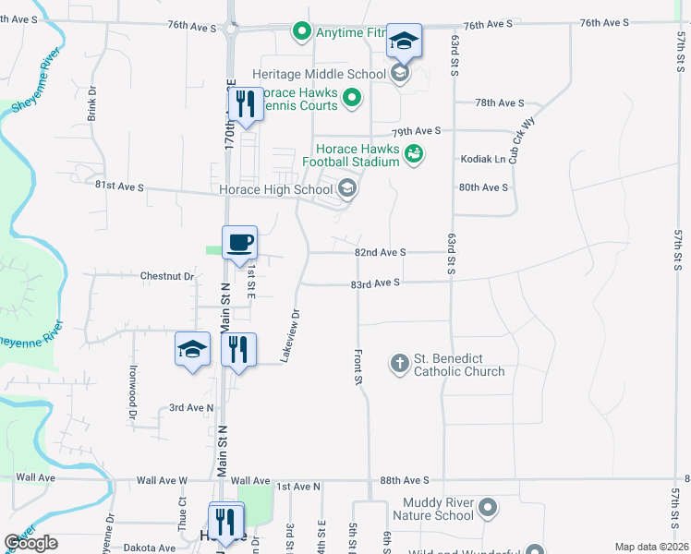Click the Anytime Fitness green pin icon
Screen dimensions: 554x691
(300, 33)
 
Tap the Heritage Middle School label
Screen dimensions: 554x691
(318, 74)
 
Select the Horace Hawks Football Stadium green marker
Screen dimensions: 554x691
(413, 155)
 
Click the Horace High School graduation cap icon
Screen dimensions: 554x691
(347, 190)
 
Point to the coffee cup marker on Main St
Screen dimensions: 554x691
(239, 244)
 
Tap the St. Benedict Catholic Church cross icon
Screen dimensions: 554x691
(399, 364)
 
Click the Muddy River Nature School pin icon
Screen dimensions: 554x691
(489, 508)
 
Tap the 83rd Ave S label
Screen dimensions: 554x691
(375, 283)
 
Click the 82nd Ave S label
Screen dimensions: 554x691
(381, 252)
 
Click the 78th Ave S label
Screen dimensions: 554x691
(499, 103)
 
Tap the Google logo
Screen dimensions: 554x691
(30, 543)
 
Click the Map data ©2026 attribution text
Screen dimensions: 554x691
(650, 547)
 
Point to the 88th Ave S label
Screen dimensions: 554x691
(405, 480)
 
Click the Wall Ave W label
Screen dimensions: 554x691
(162, 481)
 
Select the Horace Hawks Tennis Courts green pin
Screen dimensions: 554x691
(352, 98)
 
